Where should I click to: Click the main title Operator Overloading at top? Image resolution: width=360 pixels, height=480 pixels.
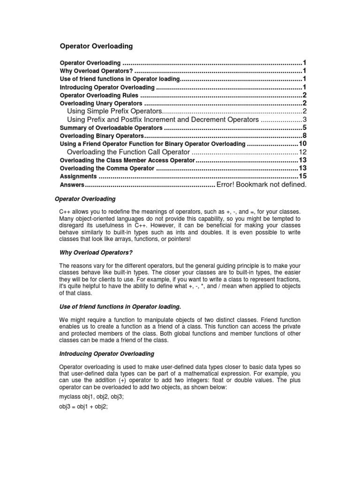(97, 46)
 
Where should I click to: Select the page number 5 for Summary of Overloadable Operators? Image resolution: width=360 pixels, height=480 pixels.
(304, 127)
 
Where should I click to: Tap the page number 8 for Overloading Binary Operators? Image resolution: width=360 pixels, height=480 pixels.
(304, 135)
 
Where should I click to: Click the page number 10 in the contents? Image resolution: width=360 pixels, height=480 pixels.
(302, 143)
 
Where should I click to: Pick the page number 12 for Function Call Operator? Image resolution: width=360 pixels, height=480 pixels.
(302, 152)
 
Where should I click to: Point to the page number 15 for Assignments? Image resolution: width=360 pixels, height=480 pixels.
(302, 176)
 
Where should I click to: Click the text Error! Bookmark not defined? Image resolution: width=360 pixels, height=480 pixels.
(261, 184)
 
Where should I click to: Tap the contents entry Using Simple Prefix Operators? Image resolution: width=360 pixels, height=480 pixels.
(114, 111)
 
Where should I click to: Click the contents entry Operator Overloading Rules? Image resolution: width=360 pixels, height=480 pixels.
(99, 95)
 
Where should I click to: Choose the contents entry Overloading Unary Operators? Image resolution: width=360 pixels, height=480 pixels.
(101, 103)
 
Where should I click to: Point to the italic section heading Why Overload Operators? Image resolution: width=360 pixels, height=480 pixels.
(93, 252)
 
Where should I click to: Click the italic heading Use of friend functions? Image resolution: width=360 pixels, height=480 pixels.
(120, 307)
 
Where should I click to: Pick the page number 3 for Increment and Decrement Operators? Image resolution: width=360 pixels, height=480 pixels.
(304, 120)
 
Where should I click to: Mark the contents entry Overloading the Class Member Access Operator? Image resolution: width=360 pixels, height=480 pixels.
(127, 160)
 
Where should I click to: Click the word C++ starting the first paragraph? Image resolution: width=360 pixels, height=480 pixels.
(66, 212)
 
